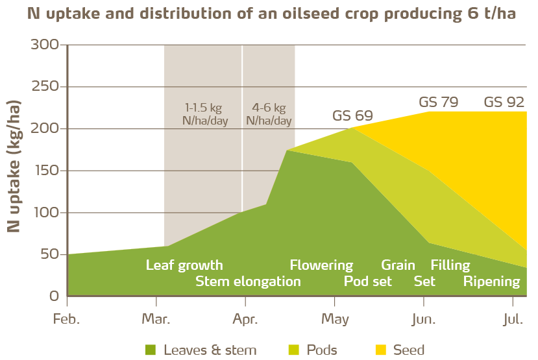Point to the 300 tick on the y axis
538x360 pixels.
click(45, 45)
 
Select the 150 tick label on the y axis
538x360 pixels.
click(45, 171)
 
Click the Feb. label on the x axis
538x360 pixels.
click(67, 319)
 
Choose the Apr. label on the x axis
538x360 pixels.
click(245, 319)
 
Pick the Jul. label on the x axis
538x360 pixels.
click(513, 319)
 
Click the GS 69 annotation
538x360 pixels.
click(352, 116)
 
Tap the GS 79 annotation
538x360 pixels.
click(439, 102)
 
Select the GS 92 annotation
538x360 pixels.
click(504, 102)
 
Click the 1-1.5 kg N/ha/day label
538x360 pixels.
click(207, 114)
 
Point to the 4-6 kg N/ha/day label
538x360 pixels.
click(269, 114)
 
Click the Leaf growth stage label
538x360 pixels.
click(184, 265)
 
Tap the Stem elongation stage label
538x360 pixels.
click(248, 282)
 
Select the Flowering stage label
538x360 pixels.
click(321, 265)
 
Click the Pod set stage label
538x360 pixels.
click(367, 282)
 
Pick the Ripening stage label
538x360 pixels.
click(491, 282)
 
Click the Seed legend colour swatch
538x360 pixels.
click(381, 350)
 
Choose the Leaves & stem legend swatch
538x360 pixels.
click(151, 350)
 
